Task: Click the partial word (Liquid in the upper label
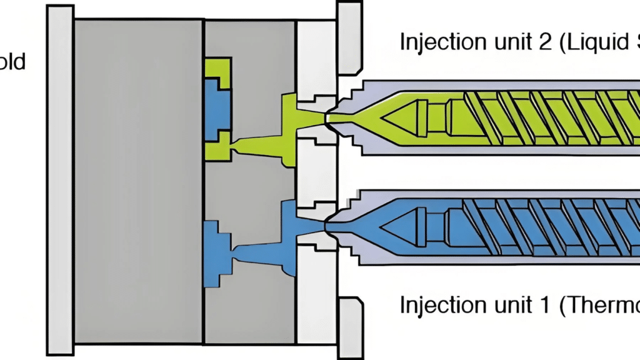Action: click(604, 42)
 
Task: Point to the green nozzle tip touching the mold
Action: click(332, 117)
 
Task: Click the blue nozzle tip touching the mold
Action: click(332, 224)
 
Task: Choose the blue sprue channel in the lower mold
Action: click(262, 250)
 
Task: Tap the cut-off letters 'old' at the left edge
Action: click(12, 62)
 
